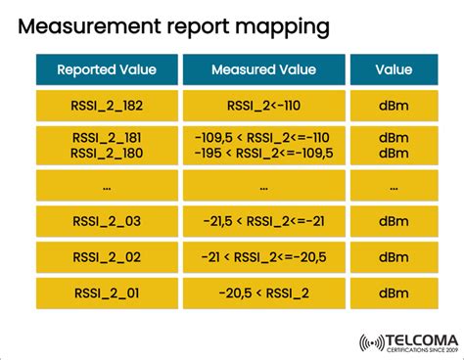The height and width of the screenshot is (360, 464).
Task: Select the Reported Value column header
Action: click(x=107, y=69)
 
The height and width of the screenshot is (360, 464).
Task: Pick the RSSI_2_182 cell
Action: click(x=107, y=107)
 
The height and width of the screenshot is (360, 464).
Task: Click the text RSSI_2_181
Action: click(x=107, y=138)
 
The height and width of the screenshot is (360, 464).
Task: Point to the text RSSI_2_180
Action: click(x=107, y=153)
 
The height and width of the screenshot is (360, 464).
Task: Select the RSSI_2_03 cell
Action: click(x=107, y=222)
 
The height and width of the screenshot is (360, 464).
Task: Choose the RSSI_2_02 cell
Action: click(x=107, y=258)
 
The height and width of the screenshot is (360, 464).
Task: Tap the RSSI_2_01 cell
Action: click(x=107, y=293)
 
